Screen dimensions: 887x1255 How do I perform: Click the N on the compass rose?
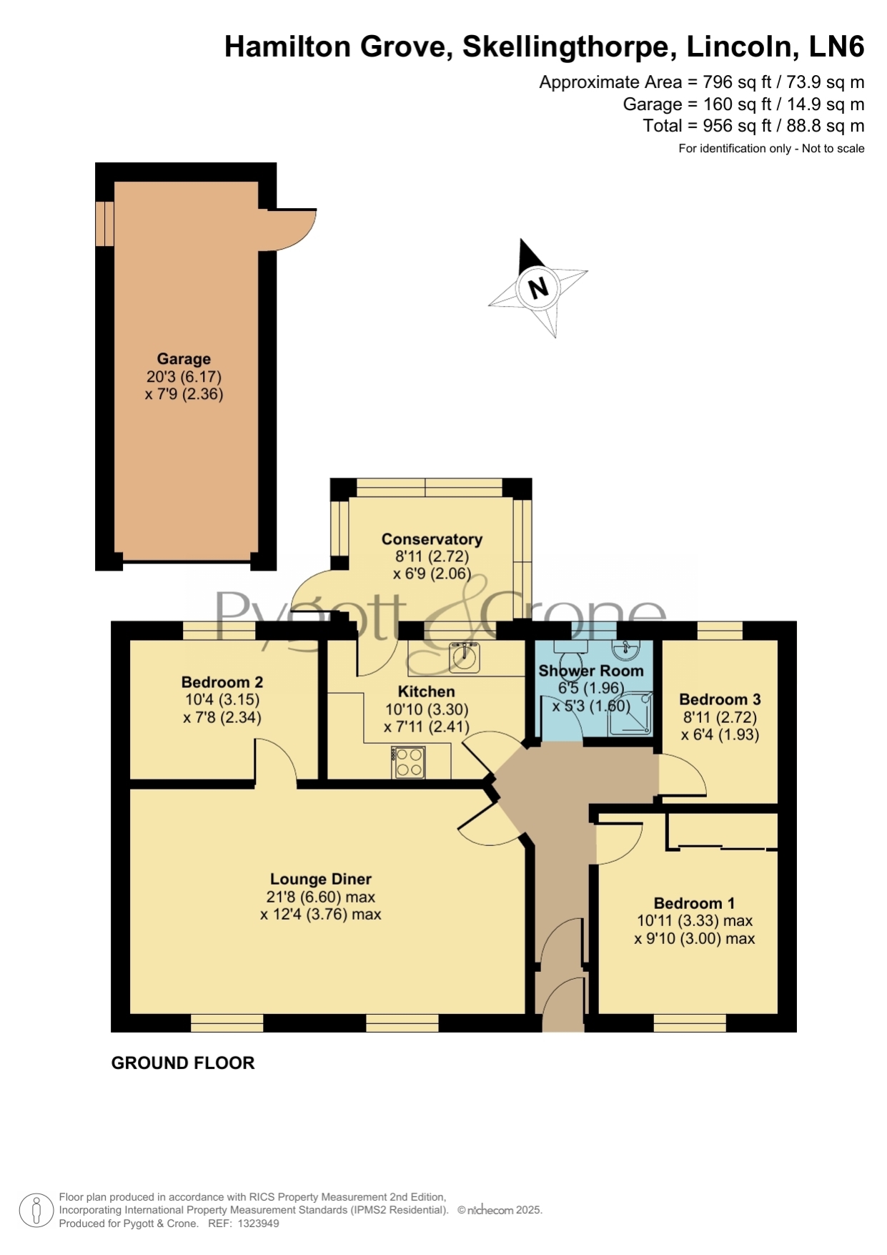[538, 287]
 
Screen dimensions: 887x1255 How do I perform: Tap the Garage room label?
[184, 359]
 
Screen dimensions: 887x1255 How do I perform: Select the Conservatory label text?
[432, 539]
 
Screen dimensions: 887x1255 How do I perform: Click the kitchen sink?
[464, 656]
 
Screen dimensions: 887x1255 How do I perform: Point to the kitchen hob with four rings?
[409, 762]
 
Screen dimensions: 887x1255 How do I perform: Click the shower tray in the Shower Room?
[630, 713]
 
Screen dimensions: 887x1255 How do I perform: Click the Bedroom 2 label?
[222, 682]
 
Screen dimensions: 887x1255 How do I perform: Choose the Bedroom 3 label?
[720, 699]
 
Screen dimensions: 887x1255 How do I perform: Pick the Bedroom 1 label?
[694, 903]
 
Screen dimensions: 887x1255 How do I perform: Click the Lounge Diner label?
[321, 879]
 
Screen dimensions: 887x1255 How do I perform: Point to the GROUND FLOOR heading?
[183, 1063]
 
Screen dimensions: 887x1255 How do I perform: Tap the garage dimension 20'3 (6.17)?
[184, 377]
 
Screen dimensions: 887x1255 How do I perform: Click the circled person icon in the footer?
[36, 1211]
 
